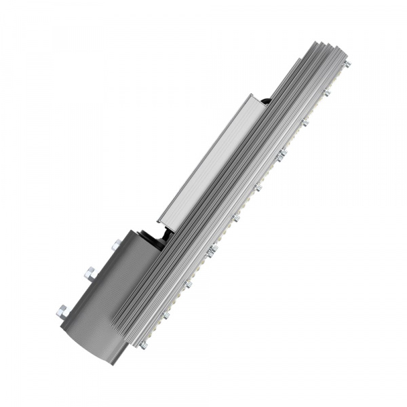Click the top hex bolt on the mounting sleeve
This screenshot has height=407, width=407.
point(117,244)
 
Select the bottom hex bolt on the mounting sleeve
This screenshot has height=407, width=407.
point(63,312)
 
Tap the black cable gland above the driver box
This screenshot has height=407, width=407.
point(267,102)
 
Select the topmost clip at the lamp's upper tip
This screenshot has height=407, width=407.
point(347,64)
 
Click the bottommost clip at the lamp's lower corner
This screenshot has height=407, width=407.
point(143,345)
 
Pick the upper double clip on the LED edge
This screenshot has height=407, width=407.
point(281,155)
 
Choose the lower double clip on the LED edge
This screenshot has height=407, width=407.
point(212,250)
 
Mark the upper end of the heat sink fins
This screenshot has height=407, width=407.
point(329,51)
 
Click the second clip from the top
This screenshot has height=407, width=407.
point(326,92)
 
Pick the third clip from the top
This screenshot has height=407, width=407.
point(305,122)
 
